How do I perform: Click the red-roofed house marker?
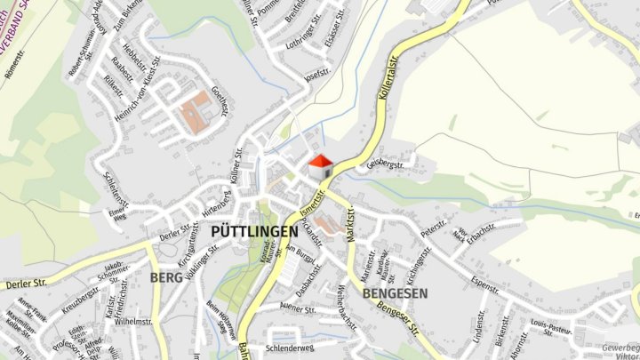click(320, 165)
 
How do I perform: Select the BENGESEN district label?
click(396, 292)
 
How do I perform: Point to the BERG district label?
click(166, 278)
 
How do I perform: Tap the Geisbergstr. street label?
click(385, 164)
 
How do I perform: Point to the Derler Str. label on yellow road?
click(24, 284)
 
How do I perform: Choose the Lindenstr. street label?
click(480, 326)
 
